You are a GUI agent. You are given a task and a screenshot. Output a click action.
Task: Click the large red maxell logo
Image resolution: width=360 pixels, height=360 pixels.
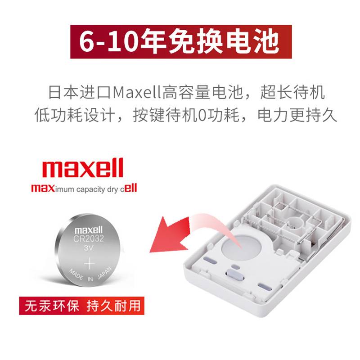pos(83,168)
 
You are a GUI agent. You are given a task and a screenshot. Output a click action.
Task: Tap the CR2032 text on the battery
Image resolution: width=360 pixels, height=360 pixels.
pos(88,239)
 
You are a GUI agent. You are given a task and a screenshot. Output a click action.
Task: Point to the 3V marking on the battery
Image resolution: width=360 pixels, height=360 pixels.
pos(88,248)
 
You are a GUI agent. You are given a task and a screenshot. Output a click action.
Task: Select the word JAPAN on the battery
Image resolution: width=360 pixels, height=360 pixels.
pos(104,273)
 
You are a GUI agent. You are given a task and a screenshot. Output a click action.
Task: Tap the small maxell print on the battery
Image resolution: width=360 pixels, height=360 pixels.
pos(88,230)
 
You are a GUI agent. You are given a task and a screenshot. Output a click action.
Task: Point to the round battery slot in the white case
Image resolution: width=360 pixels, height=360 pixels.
pos(241,248)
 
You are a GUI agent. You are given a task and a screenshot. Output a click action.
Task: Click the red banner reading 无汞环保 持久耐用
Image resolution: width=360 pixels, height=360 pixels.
pos(82,306)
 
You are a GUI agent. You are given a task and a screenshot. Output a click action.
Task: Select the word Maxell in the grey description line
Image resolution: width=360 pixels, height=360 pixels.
pos(137,92)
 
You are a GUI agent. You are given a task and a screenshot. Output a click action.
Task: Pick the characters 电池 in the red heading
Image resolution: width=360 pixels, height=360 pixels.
pos(253,42)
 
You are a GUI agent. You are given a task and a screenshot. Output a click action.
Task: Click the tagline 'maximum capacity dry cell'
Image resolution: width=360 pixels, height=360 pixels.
pos(84,189)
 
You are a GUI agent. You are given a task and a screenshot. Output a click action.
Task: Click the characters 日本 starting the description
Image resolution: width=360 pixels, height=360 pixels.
pos(63,92)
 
